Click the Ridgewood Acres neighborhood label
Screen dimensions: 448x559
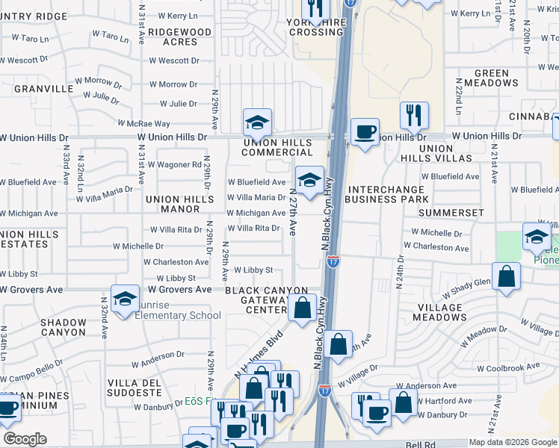pos(179,37)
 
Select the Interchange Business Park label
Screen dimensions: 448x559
pos(388,194)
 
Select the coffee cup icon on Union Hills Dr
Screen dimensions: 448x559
pos(364,131)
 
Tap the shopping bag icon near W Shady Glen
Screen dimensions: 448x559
pos(507,275)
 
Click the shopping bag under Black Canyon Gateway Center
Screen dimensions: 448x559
pos(303,307)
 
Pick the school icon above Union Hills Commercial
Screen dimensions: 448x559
pos(257,121)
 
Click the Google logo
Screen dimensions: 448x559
pos(25,439)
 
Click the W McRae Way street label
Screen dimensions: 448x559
pos(143,123)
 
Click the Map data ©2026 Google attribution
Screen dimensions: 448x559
pos(512,442)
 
